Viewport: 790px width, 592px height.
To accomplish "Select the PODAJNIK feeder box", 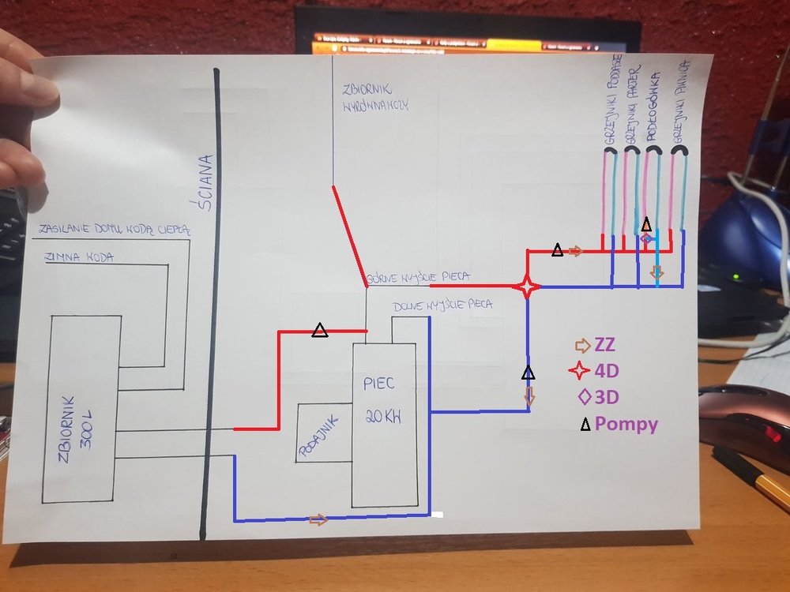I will [323, 433].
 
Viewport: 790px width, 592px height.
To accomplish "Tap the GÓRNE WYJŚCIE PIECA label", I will [419, 276].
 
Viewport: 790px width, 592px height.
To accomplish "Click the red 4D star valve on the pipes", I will [527, 286].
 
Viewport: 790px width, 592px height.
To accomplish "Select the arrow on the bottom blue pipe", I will [318, 519].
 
